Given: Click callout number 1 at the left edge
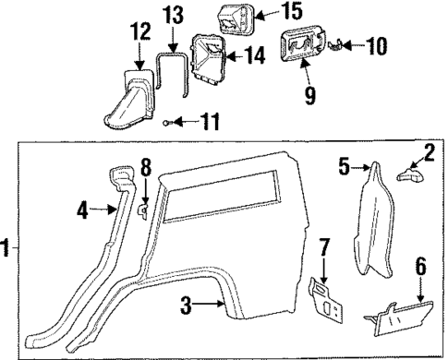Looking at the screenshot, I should pyautogui.click(x=6, y=248).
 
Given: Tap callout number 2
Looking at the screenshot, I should pyautogui.click(x=429, y=151).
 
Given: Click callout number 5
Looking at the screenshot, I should pyautogui.click(x=343, y=168).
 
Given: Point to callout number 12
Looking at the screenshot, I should pyautogui.click(x=139, y=33).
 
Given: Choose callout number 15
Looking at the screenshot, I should pyautogui.click(x=266, y=12).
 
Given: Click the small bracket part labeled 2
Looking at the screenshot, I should pyautogui.click(x=406, y=172).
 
